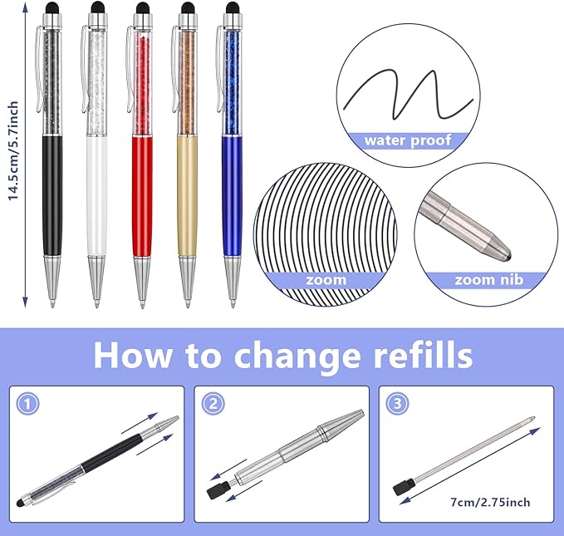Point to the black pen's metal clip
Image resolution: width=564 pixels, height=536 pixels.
click(37, 58)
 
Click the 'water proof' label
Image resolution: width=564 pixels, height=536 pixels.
click(407, 140)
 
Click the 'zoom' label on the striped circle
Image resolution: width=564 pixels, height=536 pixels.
click(326, 279)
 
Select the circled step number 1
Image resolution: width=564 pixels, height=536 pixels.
click(28, 404)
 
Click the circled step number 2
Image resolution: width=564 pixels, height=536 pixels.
click(212, 404)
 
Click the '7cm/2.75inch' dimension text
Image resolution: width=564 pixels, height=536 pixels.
click(491, 501)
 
